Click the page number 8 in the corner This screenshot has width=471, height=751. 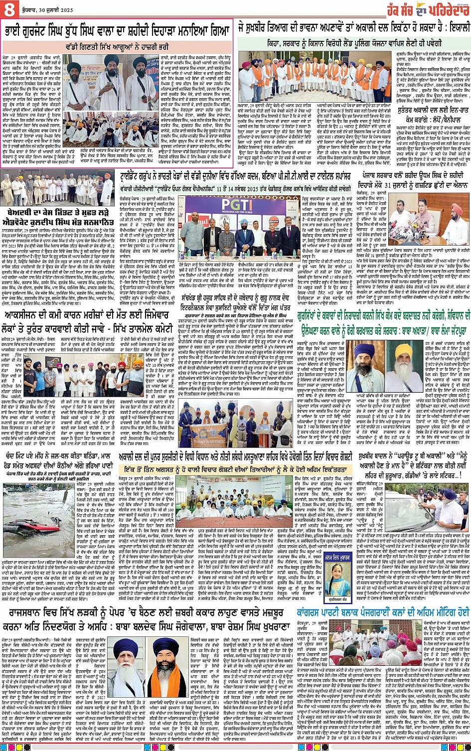[x=9, y=9]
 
